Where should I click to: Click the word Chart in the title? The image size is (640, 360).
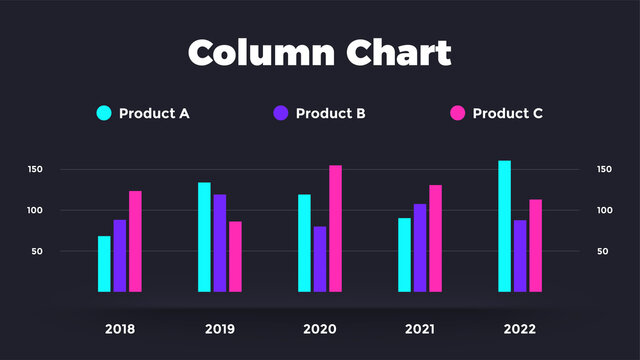[398, 52]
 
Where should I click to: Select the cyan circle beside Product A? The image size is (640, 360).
[104, 113]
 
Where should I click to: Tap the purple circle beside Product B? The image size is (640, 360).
[281, 113]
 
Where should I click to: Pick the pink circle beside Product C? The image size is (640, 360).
[458, 113]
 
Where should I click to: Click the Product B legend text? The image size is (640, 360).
[331, 113]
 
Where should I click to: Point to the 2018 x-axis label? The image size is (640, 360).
[120, 329]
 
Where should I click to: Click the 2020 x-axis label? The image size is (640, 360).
[320, 329]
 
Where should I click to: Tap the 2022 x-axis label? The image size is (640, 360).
[520, 329]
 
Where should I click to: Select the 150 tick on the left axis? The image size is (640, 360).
[35, 170]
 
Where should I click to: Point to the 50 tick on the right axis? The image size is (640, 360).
[603, 252]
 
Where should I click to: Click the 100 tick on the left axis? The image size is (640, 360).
[35, 211]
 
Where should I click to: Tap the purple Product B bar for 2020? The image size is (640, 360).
[320, 259]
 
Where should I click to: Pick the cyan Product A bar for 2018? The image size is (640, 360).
[104, 264]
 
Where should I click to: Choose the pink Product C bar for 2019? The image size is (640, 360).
[236, 257]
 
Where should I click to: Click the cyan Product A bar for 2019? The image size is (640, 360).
[204, 237]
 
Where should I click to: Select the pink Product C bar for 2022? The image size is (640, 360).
[536, 246]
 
